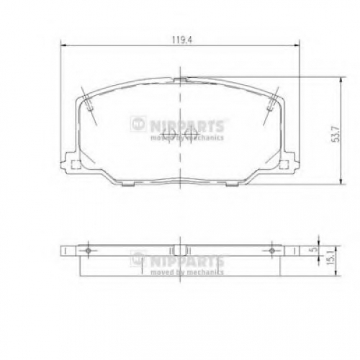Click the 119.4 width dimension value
(x=182, y=40)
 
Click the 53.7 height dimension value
(x=336, y=134)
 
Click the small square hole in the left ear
(x=76, y=164)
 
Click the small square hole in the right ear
(x=284, y=164)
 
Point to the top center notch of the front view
(x=180, y=80)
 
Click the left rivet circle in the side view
(x=88, y=251)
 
